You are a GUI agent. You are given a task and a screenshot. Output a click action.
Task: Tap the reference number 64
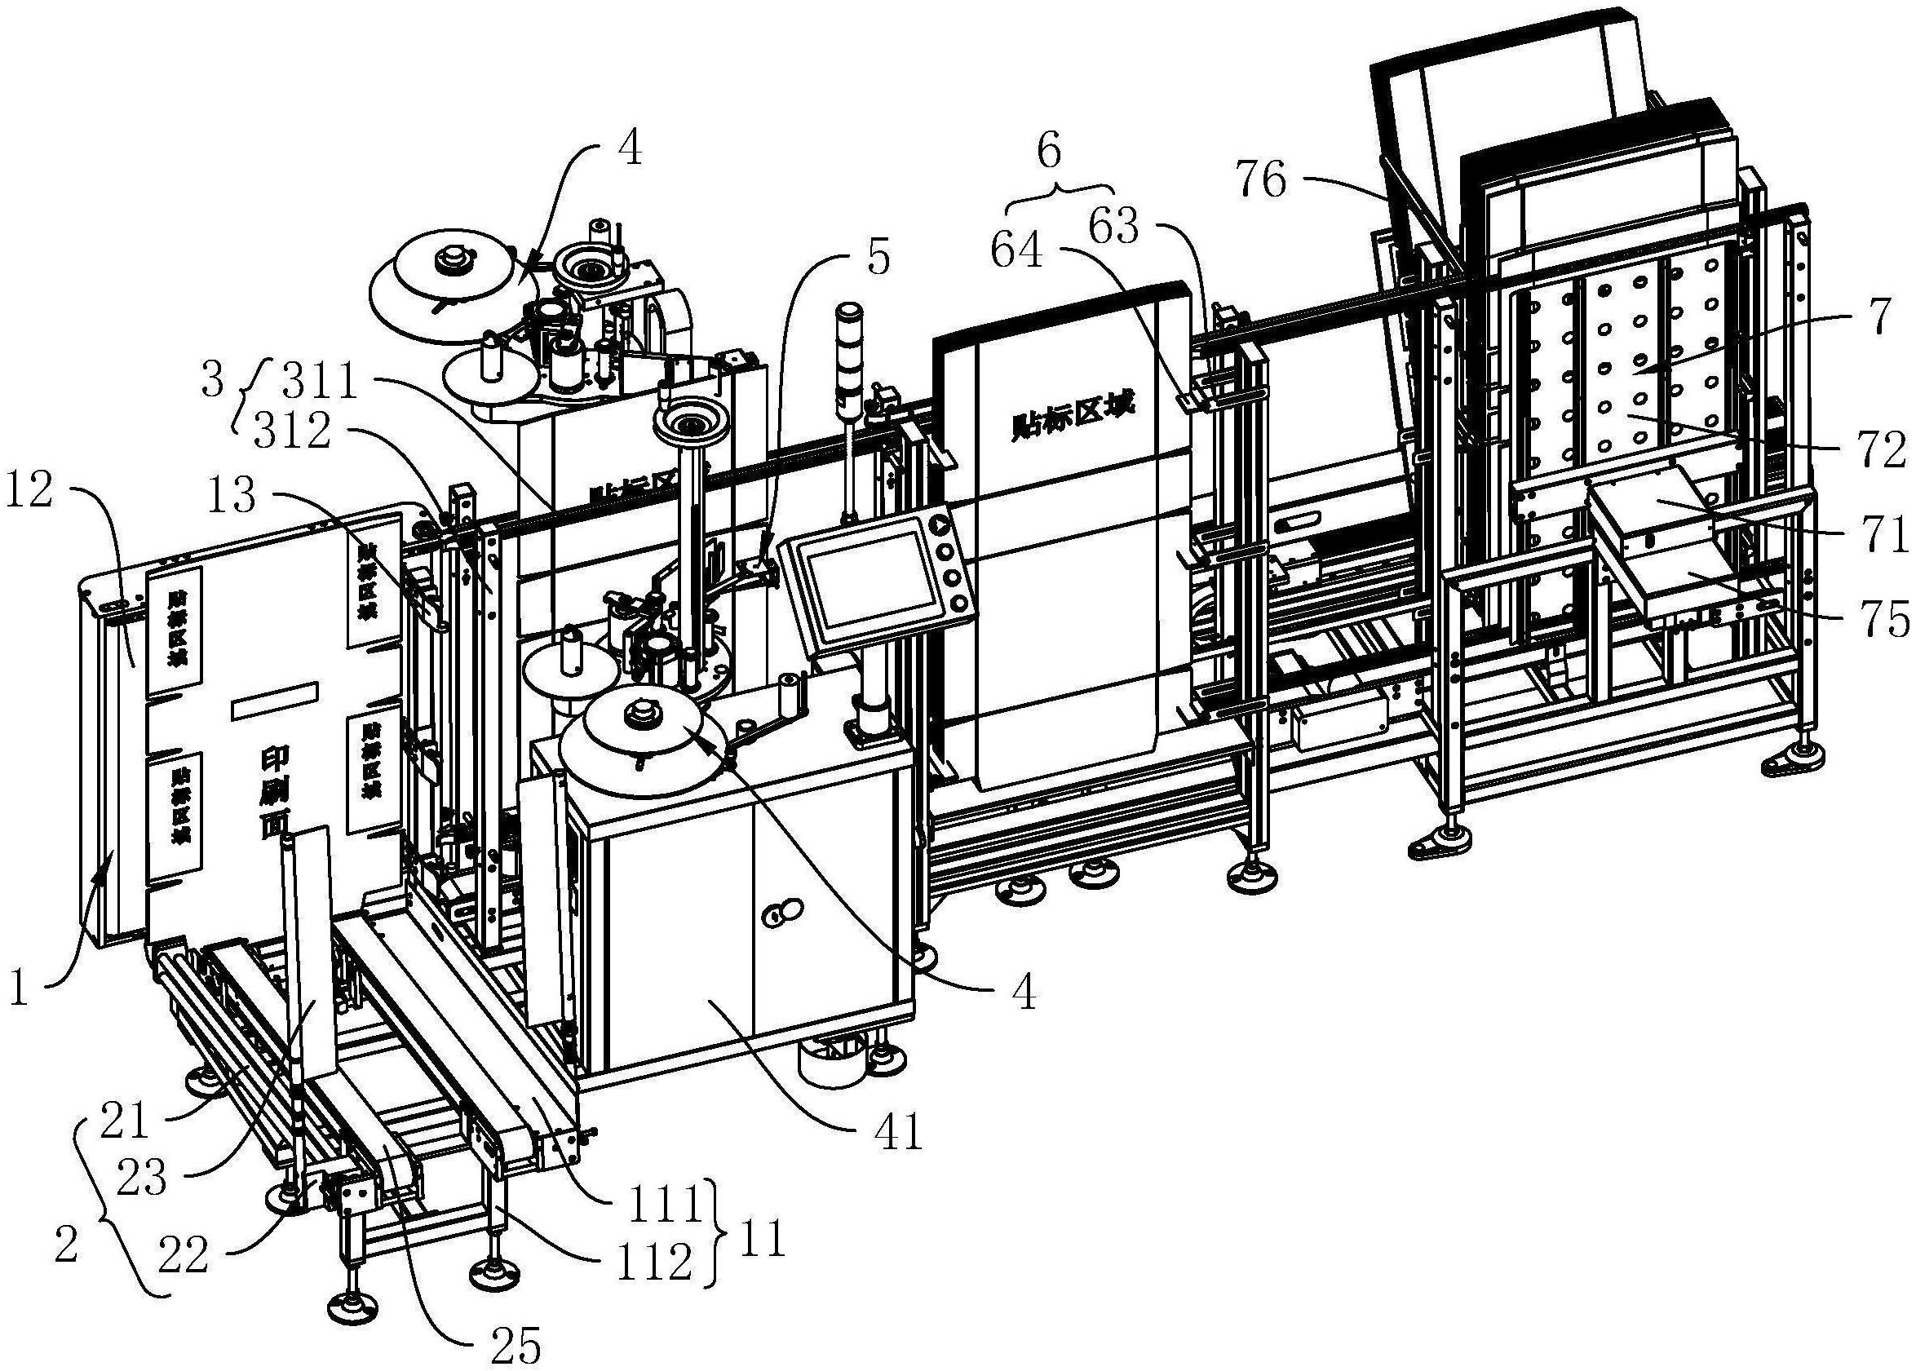point(1017,250)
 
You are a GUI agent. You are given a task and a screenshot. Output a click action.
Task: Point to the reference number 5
point(878,258)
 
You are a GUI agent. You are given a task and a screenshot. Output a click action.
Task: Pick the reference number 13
point(233,496)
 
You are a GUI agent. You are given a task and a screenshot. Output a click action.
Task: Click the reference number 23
point(142,1178)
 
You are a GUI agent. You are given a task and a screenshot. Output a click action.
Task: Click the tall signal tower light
point(847,363)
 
